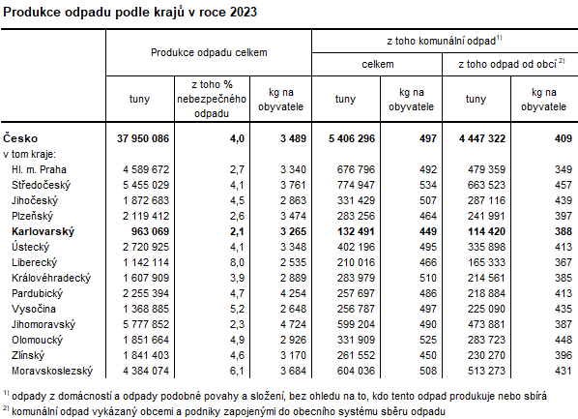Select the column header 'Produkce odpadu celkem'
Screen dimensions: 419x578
tap(208, 50)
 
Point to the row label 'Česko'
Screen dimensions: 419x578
tap(20, 138)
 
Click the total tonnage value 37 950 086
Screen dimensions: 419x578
tap(138, 138)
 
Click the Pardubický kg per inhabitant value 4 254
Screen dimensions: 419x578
tap(276, 293)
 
